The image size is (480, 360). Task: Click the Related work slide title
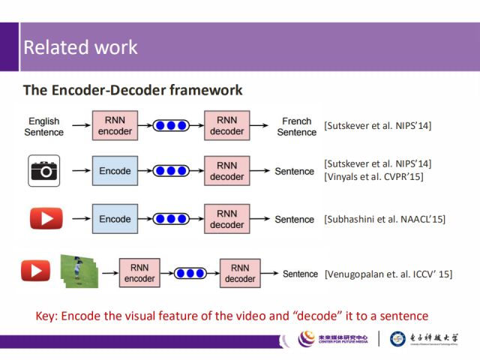pyautogui.click(x=80, y=47)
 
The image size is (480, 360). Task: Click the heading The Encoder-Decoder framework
pyautogui.click(x=133, y=90)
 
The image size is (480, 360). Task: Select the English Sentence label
pyautogui.click(x=44, y=126)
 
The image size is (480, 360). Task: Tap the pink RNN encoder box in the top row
pyautogui.click(x=115, y=125)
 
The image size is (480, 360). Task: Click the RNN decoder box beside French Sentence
pyautogui.click(x=226, y=125)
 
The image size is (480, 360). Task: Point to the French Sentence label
pyautogui.click(x=296, y=126)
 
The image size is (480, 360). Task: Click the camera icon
pyautogui.click(x=44, y=170)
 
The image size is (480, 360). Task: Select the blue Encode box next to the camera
pyautogui.click(x=115, y=171)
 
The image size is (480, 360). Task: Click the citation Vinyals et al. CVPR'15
pyautogui.click(x=373, y=177)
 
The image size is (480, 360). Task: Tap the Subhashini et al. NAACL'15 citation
pyautogui.click(x=384, y=219)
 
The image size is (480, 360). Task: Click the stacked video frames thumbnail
pyautogui.click(x=79, y=271)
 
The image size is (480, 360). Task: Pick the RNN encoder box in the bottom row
pyautogui.click(x=139, y=273)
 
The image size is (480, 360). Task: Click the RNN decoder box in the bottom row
pyautogui.click(x=240, y=273)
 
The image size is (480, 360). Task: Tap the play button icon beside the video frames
pyautogui.click(x=35, y=270)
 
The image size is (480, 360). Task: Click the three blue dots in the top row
pyautogui.click(x=171, y=126)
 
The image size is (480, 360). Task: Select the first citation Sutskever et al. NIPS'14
pyautogui.click(x=377, y=125)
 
